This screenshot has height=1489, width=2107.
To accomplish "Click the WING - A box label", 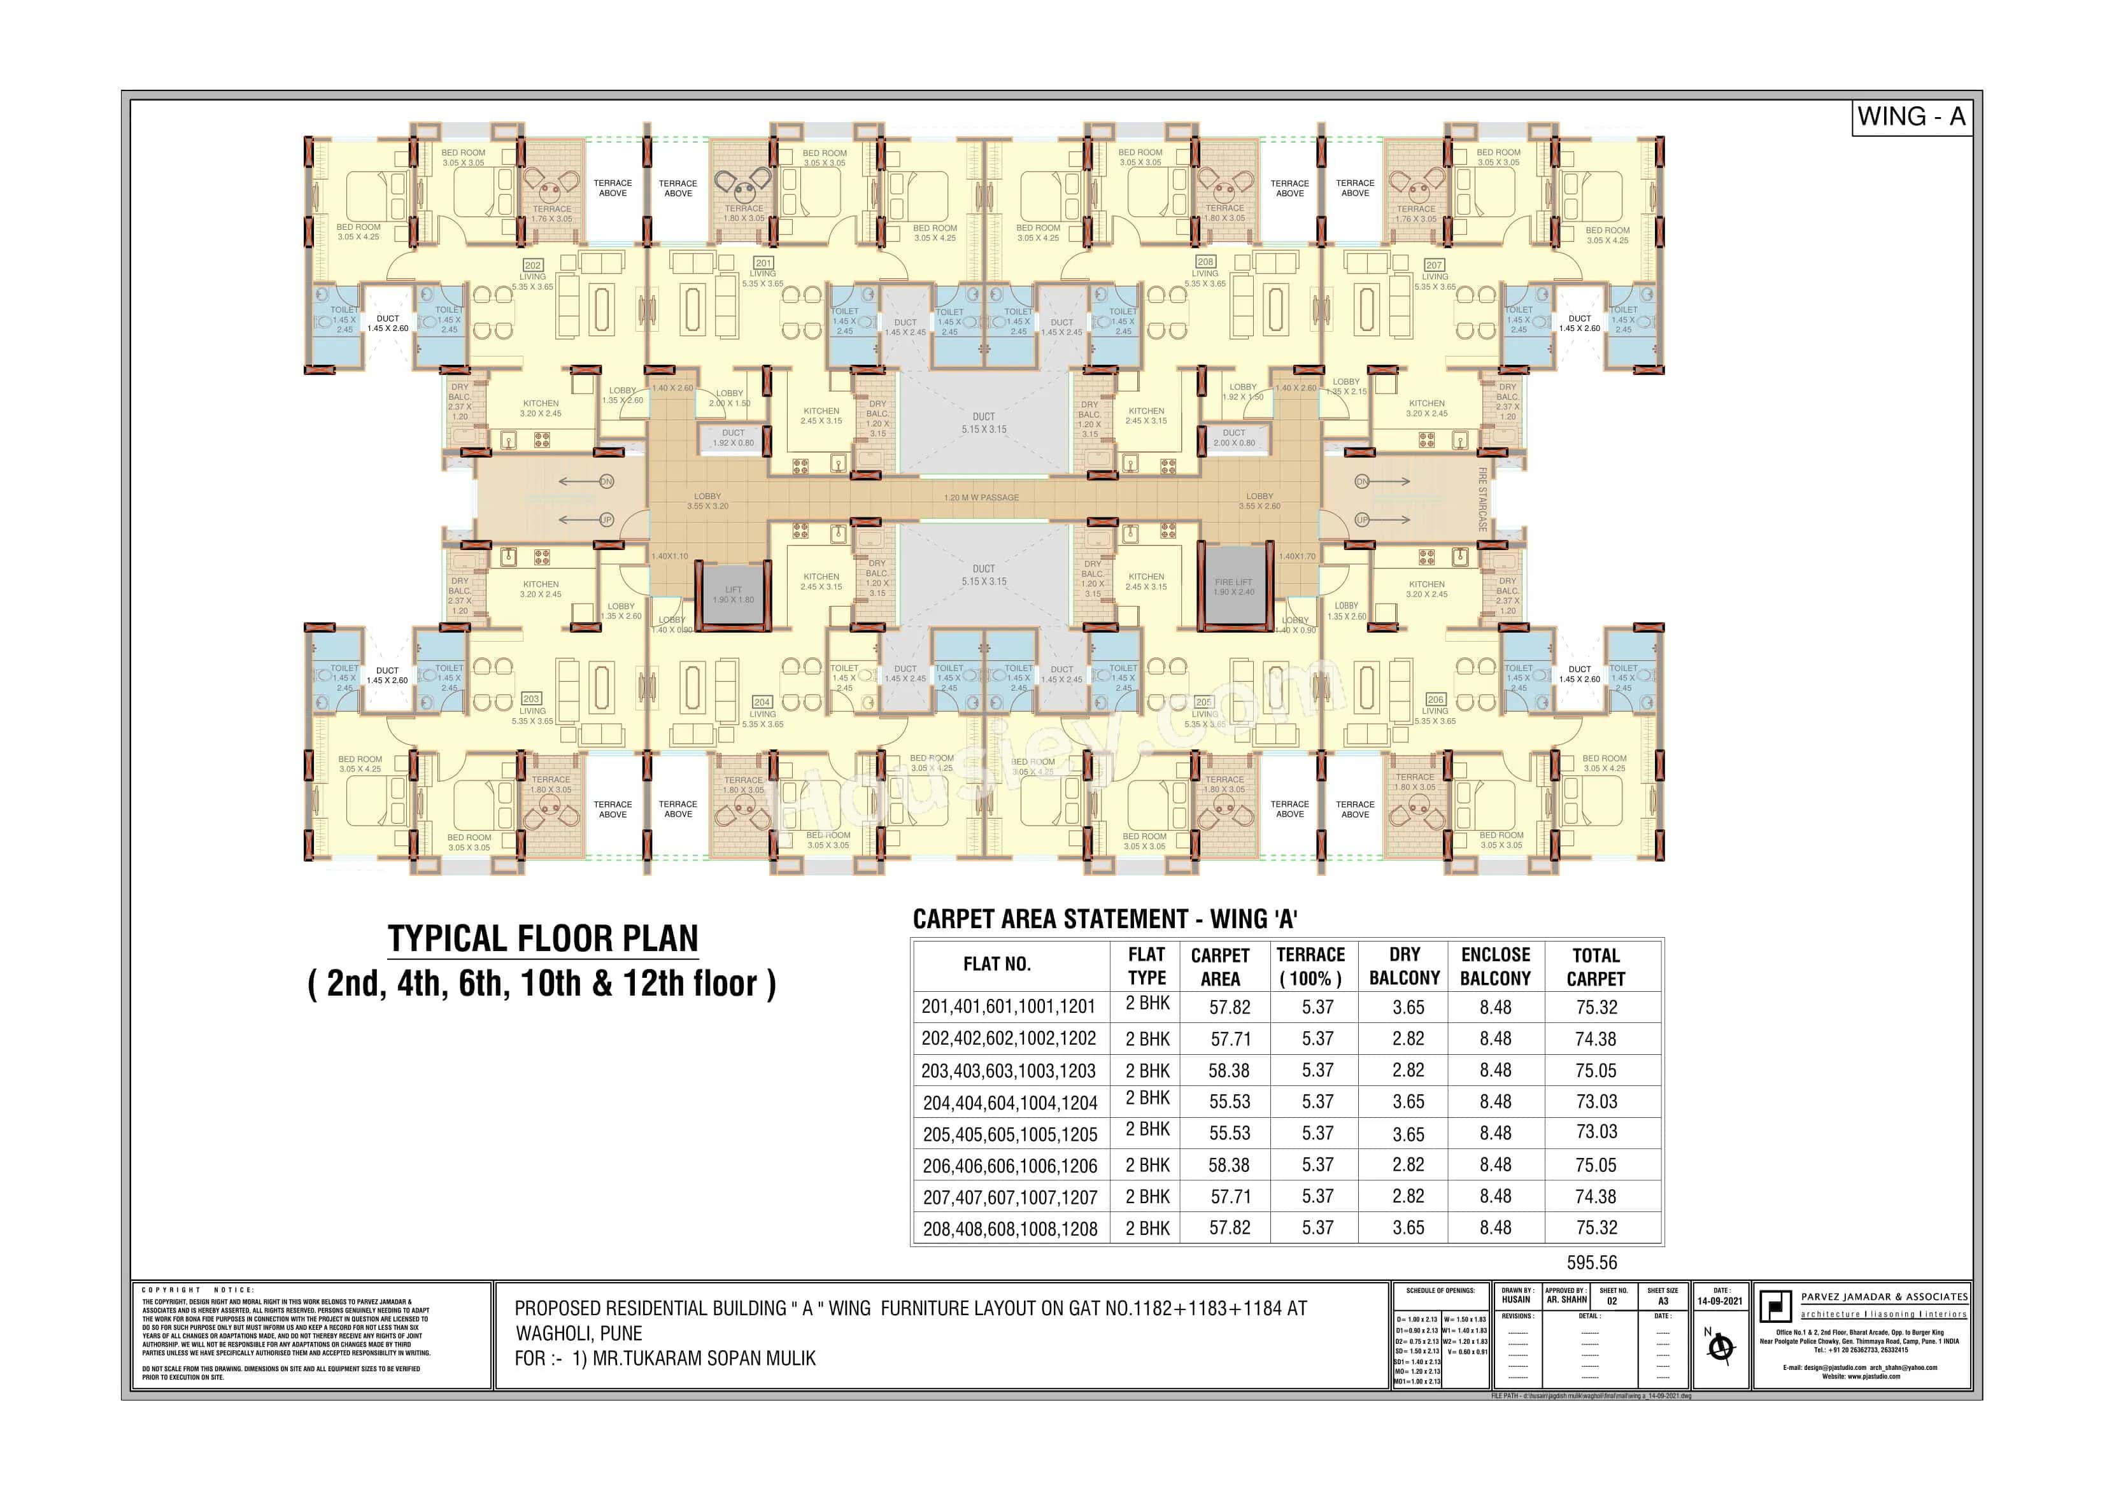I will click(x=1911, y=117).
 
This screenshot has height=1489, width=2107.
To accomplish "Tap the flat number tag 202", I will click(x=532, y=265).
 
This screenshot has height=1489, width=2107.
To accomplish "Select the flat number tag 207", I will click(x=1435, y=265).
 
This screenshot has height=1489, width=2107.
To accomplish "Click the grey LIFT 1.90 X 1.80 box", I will click(x=734, y=595).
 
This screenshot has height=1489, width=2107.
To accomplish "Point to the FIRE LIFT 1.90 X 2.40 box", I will click(x=1233, y=587).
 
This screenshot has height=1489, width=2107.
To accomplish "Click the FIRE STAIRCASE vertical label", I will click(x=1482, y=500).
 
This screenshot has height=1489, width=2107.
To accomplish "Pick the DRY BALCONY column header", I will click(x=1404, y=966).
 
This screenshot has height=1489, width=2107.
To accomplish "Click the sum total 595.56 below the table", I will click(x=1591, y=1262).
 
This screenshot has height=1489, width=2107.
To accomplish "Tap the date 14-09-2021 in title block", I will click(x=1720, y=1301).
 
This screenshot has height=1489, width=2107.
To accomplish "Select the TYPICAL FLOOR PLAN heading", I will click(x=543, y=938).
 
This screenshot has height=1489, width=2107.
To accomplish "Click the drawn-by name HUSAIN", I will click(x=1516, y=1300).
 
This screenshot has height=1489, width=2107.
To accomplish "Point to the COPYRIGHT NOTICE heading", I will click(x=197, y=1290).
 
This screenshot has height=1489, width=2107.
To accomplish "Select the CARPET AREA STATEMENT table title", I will click(x=1105, y=919).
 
